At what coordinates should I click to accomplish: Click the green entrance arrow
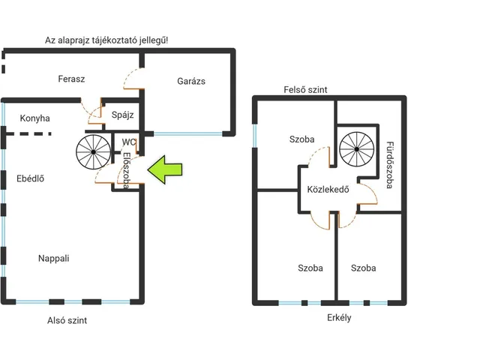tap(165, 169)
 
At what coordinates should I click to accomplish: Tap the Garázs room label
tap(191, 81)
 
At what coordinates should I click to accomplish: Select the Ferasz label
tap(71, 79)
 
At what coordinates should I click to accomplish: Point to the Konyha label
tap(35, 118)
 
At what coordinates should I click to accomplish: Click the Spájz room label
tap(122, 115)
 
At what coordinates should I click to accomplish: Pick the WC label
tap(128, 142)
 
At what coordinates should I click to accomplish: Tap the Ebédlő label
tap(30, 178)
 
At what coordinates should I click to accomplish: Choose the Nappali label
tap(53, 258)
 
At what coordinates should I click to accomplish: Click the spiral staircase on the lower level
tap(93, 151)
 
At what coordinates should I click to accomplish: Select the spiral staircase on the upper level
tap(357, 149)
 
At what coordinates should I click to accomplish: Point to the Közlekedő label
tap(328, 189)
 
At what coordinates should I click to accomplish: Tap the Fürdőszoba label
tap(390, 165)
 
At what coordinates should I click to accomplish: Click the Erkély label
tap(339, 318)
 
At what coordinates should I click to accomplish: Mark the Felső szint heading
tap(305, 90)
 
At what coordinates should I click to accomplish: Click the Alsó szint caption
tap(67, 320)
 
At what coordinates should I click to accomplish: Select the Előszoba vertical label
tap(127, 170)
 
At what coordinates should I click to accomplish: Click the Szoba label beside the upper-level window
tap(301, 139)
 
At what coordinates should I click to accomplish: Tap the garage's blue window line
tap(188, 133)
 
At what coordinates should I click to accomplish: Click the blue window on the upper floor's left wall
tap(255, 136)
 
